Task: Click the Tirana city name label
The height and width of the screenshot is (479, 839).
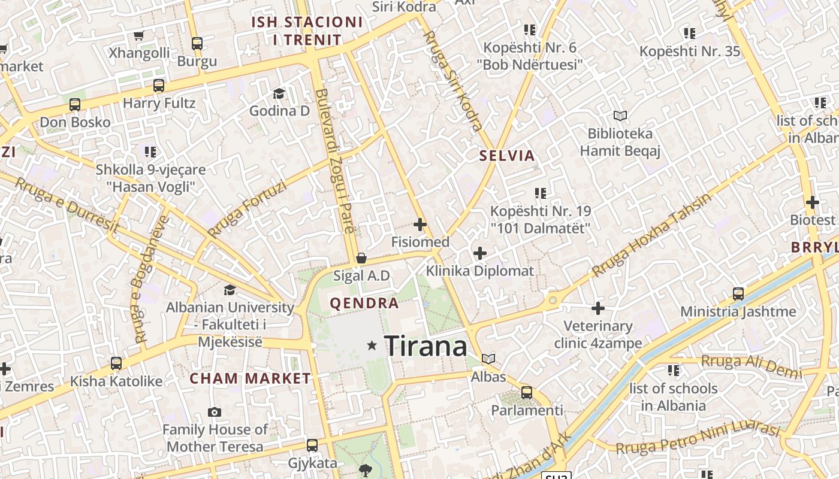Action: pos(425,346)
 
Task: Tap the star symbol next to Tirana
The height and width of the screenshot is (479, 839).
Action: pos(372,345)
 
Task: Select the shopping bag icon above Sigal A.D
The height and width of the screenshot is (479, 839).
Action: pos(361,258)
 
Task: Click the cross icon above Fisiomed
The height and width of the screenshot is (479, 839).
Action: pos(420,225)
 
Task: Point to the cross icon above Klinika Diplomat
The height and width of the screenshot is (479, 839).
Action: pos(479,253)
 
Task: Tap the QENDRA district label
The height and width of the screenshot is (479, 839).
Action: pos(364,303)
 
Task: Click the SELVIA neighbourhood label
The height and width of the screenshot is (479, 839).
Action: pos(507,156)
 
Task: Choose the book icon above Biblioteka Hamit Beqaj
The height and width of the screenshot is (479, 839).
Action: pos(620,116)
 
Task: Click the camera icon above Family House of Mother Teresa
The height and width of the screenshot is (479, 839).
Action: pos(214,412)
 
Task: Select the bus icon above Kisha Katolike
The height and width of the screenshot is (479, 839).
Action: pos(116,363)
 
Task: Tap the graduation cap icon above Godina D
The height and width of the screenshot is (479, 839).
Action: pos(279,93)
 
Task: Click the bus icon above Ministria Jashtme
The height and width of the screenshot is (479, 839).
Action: pos(738,294)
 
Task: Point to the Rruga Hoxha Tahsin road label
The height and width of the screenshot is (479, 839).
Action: pos(652,235)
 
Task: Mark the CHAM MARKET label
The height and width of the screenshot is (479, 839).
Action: pos(251,378)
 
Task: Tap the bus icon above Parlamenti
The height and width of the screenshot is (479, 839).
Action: pos(526,393)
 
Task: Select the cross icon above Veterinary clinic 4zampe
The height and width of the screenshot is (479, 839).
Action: pos(597,308)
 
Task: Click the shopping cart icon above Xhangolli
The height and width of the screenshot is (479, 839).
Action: pos(139,36)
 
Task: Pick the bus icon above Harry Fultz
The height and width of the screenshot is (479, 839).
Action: pos(158,85)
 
